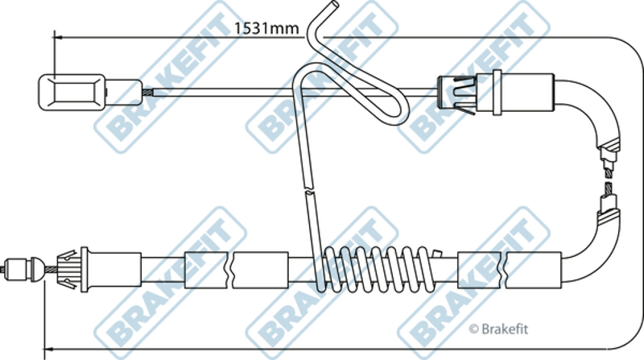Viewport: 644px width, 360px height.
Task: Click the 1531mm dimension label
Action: click(x=266, y=28)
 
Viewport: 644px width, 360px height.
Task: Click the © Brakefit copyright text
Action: click(x=498, y=329)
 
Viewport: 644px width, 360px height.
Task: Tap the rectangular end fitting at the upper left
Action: click(x=72, y=93)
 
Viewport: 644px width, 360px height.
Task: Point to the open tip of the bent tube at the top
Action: click(x=335, y=5)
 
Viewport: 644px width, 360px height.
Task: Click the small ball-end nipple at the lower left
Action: click(x=23, y=269)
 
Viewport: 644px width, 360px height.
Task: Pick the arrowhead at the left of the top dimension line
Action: click(x=57, y=38)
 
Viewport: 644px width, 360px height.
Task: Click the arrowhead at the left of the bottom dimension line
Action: click(x=48, y=349)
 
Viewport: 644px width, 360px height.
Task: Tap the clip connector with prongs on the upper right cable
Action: click(x=457, y=93)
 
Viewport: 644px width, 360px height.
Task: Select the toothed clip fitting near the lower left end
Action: click(x=68, y=269)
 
